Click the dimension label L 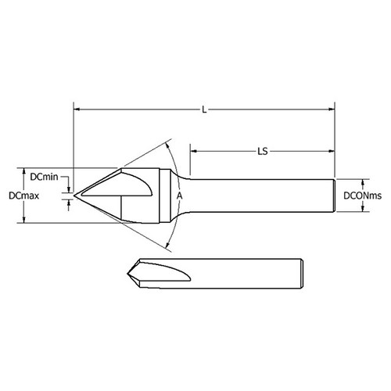point(204,110)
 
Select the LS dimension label point(262,152)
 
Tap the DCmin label point(45,178)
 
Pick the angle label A point(179,195)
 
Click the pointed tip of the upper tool point(75,194)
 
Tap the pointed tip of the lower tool point(126,273)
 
